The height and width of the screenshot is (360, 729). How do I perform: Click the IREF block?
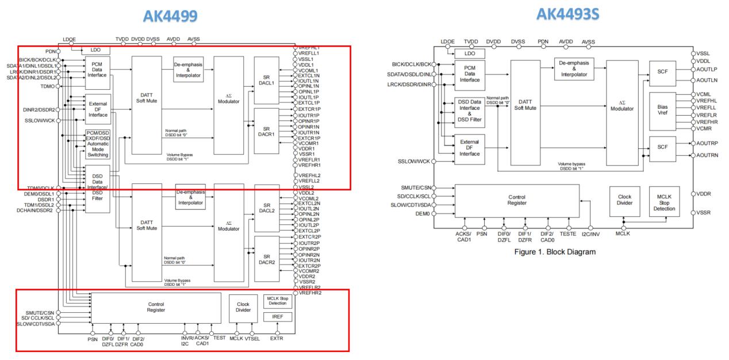pyautogui.click(x=278, y=317)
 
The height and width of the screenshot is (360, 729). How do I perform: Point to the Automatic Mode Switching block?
pyautogui.click(x=97, y=144)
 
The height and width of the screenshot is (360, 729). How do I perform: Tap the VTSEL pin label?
pyautogui.click(x=253, y=338)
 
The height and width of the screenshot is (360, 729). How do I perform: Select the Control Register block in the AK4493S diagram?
pyautogui.click(x=517, y=200)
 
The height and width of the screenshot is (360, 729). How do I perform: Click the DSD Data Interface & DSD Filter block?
pyautogui.click(x=470, y=112)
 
